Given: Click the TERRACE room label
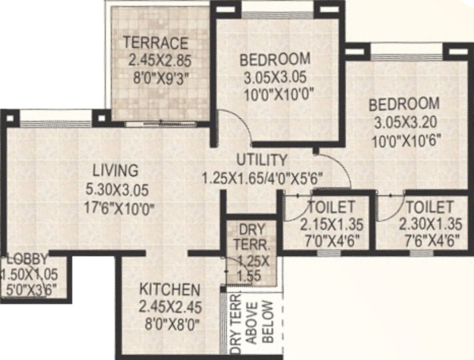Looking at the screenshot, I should [155, 43].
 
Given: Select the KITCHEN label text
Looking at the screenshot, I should [169, 289].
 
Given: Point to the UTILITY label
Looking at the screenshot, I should [262, 160].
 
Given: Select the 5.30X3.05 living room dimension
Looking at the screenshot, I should [118, 190].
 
